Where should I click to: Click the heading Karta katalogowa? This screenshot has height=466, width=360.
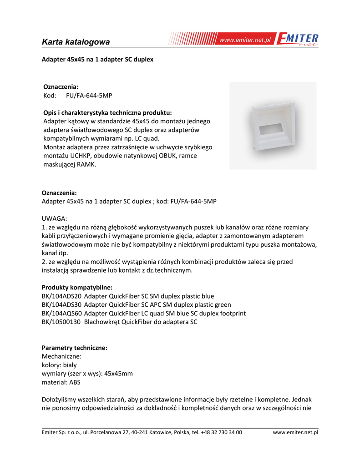tap(76, 42)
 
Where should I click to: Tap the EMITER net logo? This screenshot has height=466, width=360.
tap(298, 40)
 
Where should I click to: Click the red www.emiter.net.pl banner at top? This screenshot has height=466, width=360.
tap(245, 40)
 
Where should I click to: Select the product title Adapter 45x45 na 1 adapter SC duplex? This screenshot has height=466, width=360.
tap(97, 60)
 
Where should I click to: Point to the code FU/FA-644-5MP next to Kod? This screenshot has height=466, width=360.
tap(86, 96)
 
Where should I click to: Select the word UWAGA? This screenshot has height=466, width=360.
tap(54, 218)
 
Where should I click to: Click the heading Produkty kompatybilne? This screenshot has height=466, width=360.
tap(77, 287)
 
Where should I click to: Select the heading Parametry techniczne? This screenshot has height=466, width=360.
tap(75, 348)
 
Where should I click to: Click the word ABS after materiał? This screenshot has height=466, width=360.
tap(74, 382)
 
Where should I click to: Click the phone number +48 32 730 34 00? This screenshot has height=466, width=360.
tap(221, 432)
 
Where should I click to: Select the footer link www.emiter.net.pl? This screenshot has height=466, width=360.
tap(295, 432)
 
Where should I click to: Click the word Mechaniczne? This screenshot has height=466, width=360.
tap(61, 356)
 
